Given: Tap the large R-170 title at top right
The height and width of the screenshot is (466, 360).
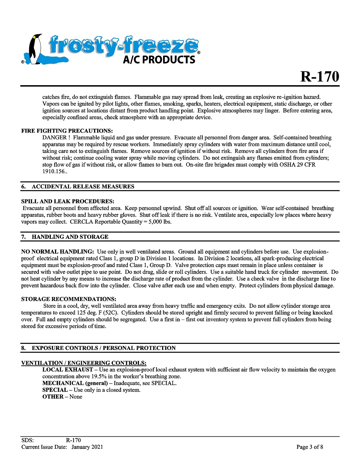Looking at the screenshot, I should (x=319, y=76).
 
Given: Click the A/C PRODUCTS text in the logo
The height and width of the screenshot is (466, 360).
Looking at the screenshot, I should (x=159, y=60).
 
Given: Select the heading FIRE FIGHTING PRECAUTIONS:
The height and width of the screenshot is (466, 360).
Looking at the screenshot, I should (x=67, y=131).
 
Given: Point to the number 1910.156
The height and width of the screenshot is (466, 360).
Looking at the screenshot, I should (x=54, y=172).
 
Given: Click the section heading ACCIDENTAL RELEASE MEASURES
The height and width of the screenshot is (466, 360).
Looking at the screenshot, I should (x=83, y=186).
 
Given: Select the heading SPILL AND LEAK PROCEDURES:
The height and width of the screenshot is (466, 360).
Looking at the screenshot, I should (x=68, y=201).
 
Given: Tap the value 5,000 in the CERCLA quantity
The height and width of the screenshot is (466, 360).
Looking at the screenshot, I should (x=155, y=222).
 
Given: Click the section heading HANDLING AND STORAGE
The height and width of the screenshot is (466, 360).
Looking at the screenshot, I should (x=70, y=237).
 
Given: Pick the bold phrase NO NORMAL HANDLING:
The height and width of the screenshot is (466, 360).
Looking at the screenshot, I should (x=57, y=252).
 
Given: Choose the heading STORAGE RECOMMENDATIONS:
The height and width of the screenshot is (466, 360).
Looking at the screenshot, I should (x=69, y=299).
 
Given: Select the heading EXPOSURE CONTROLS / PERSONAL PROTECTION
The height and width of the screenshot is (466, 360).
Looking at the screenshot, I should (x=104, y=348).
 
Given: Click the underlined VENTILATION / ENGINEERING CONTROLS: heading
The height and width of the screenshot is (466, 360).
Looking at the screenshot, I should (x=84, y=363).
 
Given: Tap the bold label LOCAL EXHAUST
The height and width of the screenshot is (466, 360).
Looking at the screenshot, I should (x=68, y=370).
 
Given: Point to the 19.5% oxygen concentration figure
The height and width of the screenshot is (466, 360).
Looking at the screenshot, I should (x=99, y=376).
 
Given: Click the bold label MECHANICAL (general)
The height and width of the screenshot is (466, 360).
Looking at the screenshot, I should (x=75, y=383).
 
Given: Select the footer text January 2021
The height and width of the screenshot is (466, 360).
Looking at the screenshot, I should (x=87, y=447).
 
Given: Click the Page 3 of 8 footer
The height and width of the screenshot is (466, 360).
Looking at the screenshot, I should (x=309, y=447).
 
